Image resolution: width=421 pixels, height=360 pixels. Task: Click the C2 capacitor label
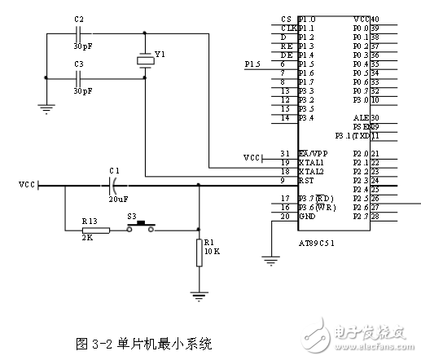[x=79, y=18]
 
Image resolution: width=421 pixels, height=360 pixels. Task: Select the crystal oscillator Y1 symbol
[x=146, y=59]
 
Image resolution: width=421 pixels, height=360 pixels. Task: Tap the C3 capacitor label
[x=79, y=64]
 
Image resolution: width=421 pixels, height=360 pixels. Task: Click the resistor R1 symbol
[x=199, y=253]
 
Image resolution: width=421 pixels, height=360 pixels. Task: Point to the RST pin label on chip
[x=307, y=181]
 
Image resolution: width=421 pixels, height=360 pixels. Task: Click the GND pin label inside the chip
[x=307, y=217]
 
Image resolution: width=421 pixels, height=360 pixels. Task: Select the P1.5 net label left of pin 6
[x=253, y=64]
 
